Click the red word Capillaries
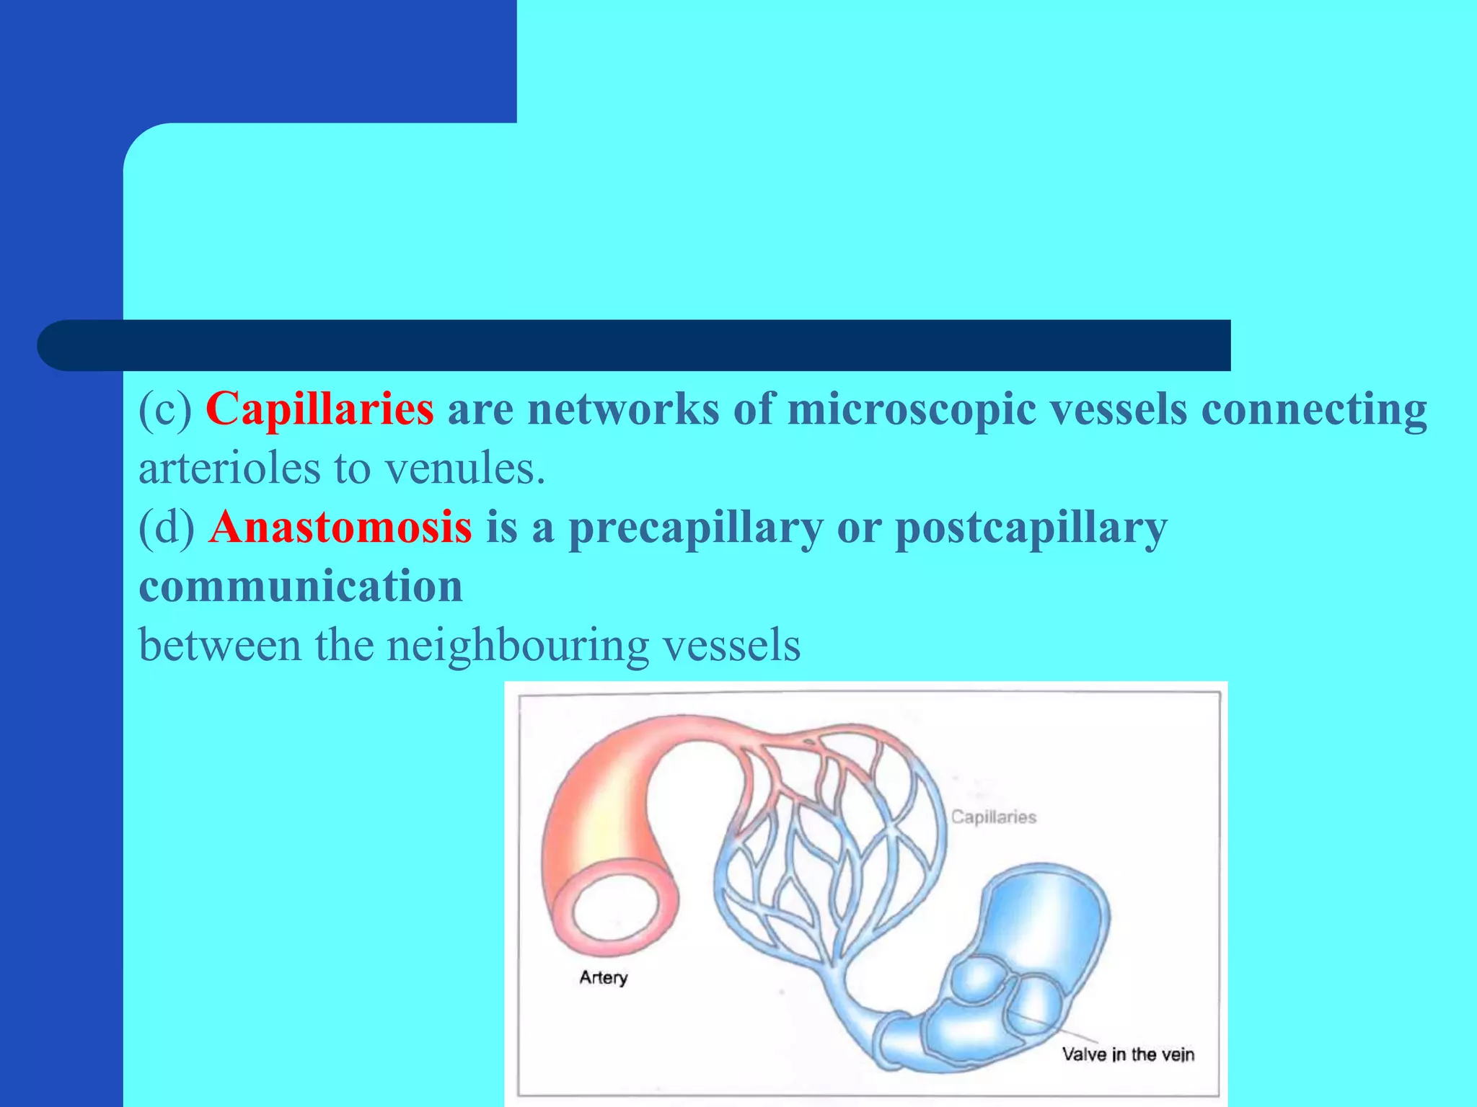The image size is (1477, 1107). pos(319,409)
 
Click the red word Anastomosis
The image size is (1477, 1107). pos(340,527)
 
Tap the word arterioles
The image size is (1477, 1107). pos(229,468)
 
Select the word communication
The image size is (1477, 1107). pos(301,585)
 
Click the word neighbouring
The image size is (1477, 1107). pos(517,645)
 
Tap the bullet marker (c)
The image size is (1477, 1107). pos(165,409)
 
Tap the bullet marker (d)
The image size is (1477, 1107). pos(167,527)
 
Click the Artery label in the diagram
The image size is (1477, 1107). pos(604,977)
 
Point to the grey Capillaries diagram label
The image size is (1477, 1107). pos(993,817)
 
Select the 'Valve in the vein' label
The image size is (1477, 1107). pos(1128,1054)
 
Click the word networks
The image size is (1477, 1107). pos(623,409)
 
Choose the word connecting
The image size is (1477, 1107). pos(1313,409)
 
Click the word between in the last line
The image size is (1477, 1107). pos(219,645)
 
